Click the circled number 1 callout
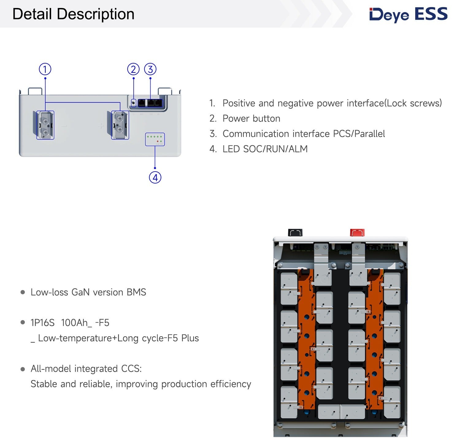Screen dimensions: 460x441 [x=45, y=69]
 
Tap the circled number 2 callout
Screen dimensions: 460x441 [x=133, y=69]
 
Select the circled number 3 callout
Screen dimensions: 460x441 [x=150, y=69]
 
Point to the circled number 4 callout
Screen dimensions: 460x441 [x=155, y=177]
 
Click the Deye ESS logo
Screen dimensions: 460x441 [x=408, y=15]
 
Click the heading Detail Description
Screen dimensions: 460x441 [x=73, y=14]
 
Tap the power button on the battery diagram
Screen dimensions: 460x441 [x=133, y=103]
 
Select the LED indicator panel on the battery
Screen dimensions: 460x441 [x=155, y=139]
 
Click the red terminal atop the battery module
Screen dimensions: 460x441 [x=357, y=232]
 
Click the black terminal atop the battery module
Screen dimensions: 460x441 [x=295, y=232]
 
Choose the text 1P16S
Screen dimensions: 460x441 [x=43, y=323]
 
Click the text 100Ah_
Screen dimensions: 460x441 [x=76, y=323]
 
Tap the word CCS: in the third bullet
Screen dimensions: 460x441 [x=132, y=369]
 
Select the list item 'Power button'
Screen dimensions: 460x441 [x=251, y=118]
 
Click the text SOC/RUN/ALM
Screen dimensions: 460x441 [x=275, y=149]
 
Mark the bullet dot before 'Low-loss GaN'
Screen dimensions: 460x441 [x=23, y=292]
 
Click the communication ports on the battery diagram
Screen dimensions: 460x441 [x=150, y=103]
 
